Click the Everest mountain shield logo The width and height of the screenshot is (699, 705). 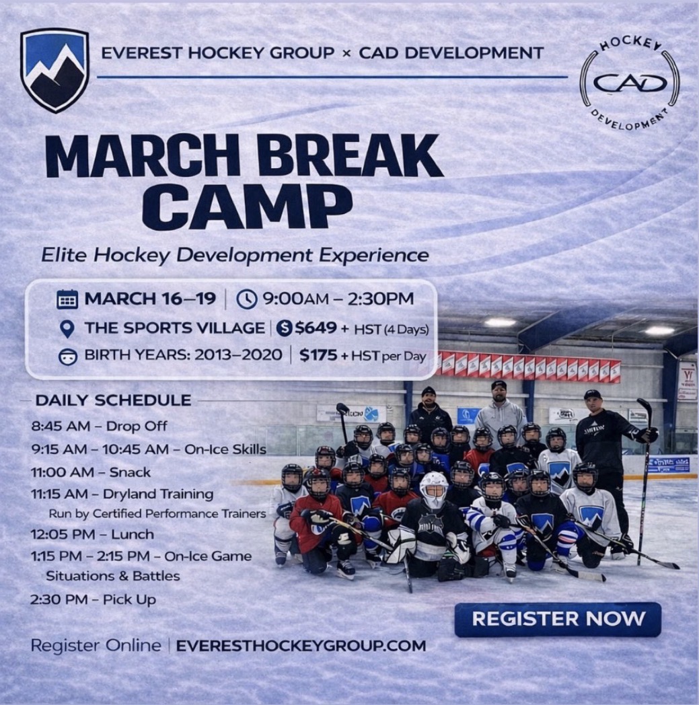(55, 70)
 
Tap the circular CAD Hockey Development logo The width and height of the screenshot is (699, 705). (629, 82)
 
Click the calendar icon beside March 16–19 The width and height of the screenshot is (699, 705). (67, 299)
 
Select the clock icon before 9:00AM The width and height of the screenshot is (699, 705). (246, 299)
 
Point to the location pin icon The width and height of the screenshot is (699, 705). (67, 329)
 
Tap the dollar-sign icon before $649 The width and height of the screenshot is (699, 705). (284, 328)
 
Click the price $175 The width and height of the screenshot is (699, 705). (318, 356)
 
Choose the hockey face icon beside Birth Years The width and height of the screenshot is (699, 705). (67, 357)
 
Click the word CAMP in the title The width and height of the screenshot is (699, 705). (247, 208)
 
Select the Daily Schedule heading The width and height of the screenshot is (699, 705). (113, 400)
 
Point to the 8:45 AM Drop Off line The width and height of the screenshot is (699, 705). (99, 426)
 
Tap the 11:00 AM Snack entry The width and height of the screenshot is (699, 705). (91, 472)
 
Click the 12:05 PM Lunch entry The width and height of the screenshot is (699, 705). (92, 535)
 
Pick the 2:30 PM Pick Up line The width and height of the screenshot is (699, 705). (93, 600)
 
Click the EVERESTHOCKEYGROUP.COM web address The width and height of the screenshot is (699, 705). (301, 646)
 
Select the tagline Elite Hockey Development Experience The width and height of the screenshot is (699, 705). (235, 256)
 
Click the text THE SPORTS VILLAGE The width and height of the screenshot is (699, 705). (174, 328)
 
